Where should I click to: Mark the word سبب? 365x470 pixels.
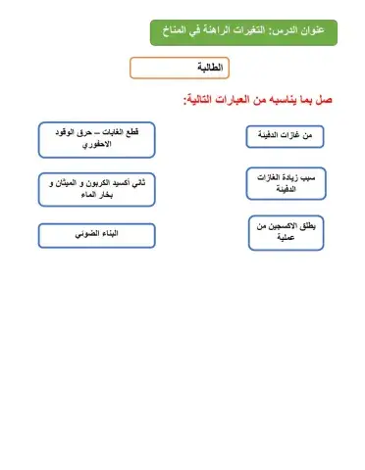[x=314, y=177]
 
